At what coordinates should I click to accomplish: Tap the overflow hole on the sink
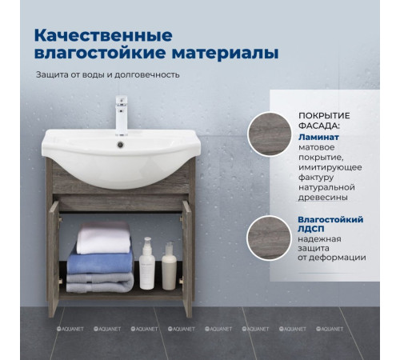122,145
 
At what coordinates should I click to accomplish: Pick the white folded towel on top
104,238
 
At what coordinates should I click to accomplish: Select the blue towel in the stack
99,262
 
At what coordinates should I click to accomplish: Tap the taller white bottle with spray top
146,265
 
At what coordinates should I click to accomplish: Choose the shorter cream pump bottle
169,267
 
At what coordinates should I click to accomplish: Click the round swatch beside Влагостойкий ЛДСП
268,238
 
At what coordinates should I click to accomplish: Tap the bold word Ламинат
319,137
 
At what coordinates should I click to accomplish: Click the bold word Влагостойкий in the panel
331,218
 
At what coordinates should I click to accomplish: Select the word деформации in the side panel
339,257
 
